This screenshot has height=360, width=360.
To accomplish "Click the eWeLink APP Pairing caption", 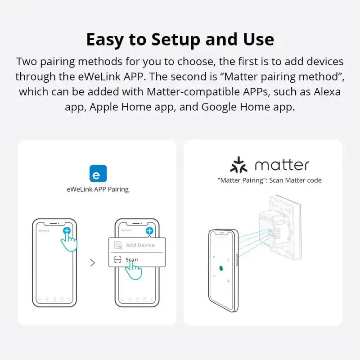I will (x=98, y=189).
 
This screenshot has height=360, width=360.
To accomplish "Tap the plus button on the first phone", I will (x=67, y=231).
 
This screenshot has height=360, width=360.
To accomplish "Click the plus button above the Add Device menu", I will (x=149, y=231).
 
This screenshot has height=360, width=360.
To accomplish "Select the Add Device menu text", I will (x=140, y=245).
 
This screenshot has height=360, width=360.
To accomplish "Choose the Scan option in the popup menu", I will (x=131, y=260).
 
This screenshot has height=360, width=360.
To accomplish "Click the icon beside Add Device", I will (x=118, y=245).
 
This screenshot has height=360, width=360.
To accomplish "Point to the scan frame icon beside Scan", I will (x=118, y=260).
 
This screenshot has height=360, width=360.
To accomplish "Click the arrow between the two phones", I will (x=93, y=263).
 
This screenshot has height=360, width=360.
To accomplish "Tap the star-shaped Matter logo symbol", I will (x=238, y=165).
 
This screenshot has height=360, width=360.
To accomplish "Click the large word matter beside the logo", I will (x=282, y=165).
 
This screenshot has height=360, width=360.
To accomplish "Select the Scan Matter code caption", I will (x=269, y=180).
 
